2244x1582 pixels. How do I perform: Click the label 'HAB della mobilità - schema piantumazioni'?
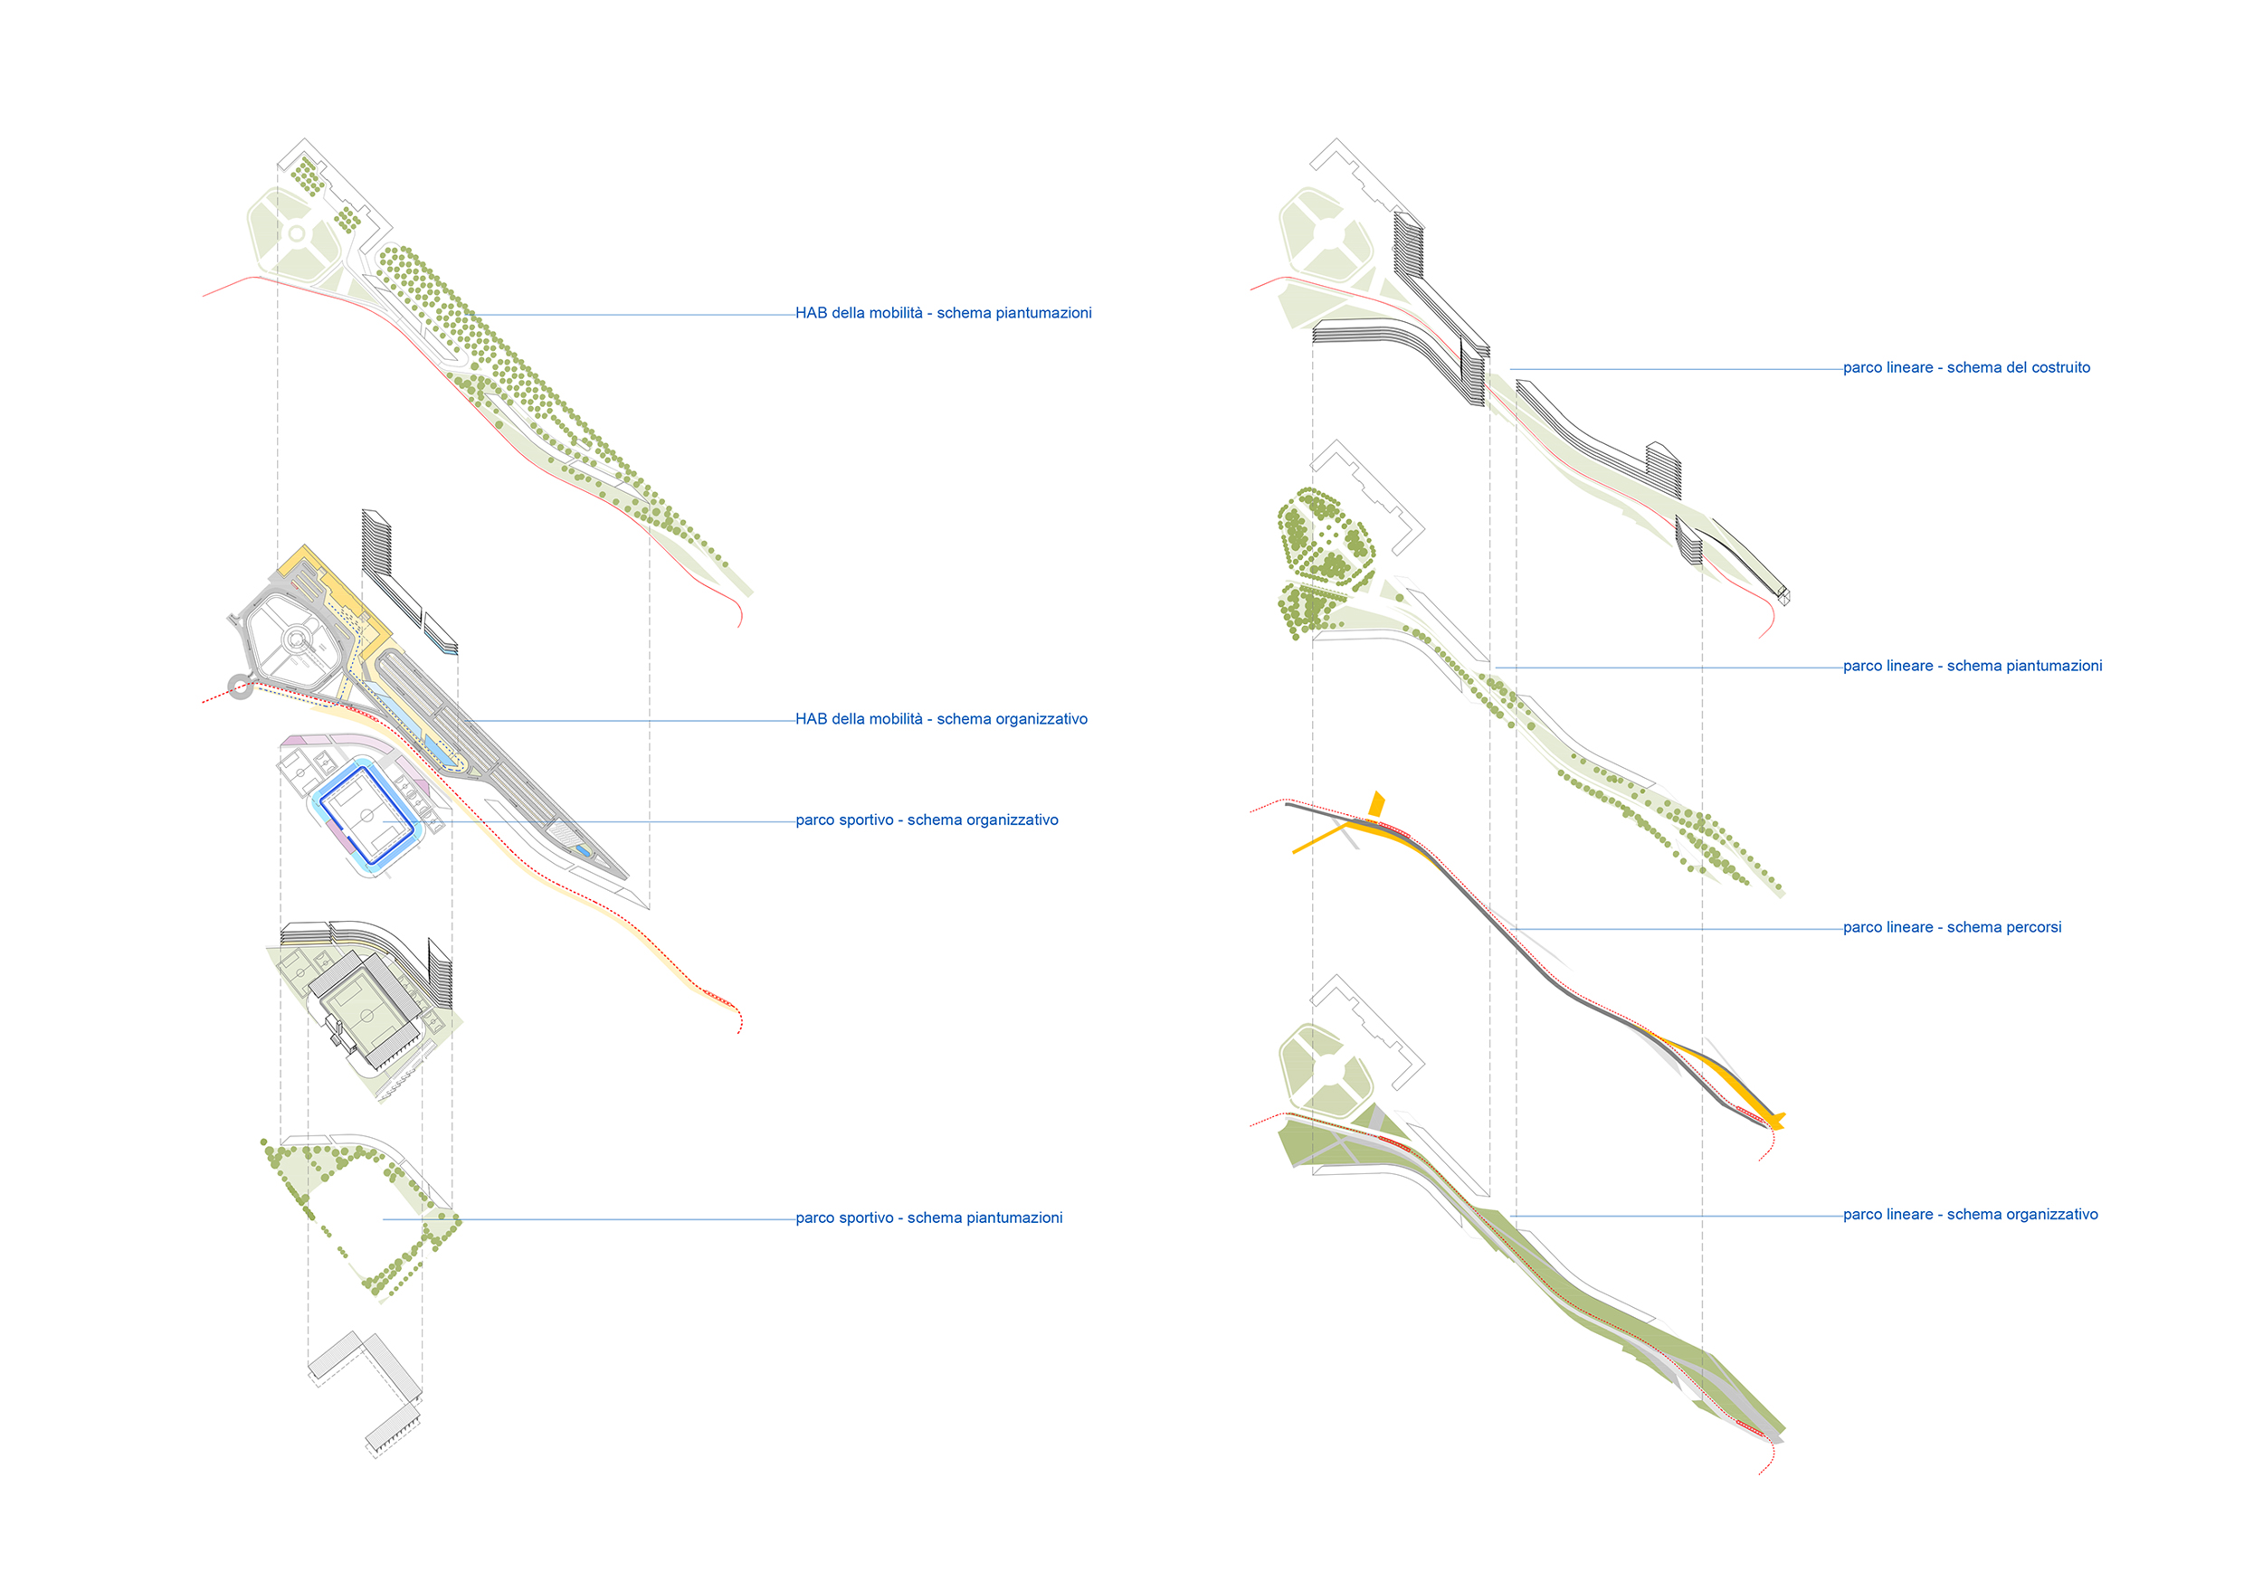pos(943,314)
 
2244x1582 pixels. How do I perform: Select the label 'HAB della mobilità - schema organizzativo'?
pos(941,719)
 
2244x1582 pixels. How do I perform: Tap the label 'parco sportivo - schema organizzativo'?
pos(927,820)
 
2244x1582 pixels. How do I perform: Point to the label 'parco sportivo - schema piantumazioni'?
pos(928,1218)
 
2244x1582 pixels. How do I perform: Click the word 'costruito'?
pos(2059,368)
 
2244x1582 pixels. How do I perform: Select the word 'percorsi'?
pos(2033,928)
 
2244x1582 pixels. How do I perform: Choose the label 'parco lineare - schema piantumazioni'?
pos(1973,667)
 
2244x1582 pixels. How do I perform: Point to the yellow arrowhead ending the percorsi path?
pos(1776,1121)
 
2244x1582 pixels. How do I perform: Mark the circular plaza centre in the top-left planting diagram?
pos(296,234)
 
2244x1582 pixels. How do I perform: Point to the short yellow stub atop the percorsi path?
pos(1377,804)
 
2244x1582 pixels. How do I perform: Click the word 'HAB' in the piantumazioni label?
pos(812,314)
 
